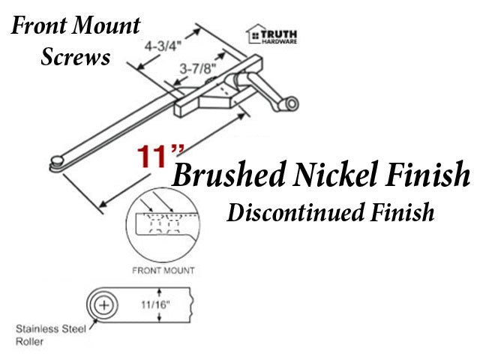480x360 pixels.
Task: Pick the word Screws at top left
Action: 76,56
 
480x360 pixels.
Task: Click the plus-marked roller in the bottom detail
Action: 103,305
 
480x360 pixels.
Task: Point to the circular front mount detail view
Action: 163,226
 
